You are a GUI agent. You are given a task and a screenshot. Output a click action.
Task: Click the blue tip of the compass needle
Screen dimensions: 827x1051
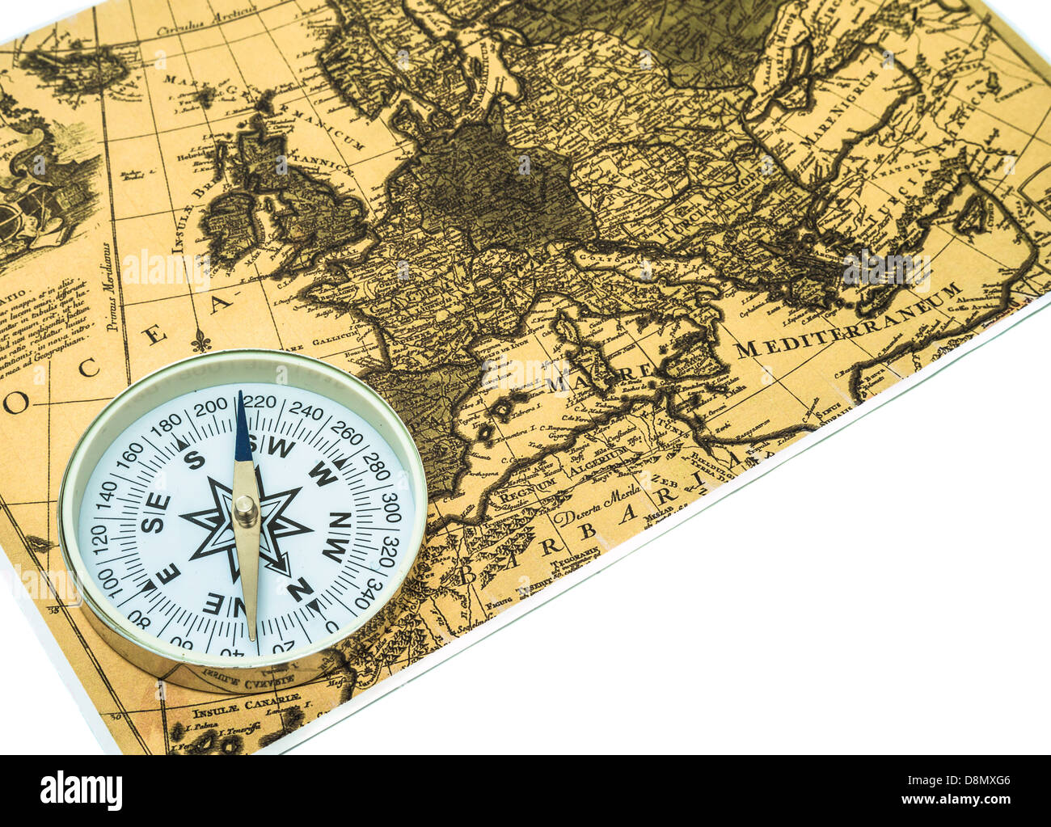click(x=242, y=428)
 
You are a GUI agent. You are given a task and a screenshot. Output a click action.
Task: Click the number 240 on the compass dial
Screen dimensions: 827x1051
click(x=306, y=411)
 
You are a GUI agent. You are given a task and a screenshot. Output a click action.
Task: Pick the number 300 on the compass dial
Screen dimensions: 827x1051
click(x=391, y=507)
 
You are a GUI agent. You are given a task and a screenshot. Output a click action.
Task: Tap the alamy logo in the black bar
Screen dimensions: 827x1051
click(x=81, y=790)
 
